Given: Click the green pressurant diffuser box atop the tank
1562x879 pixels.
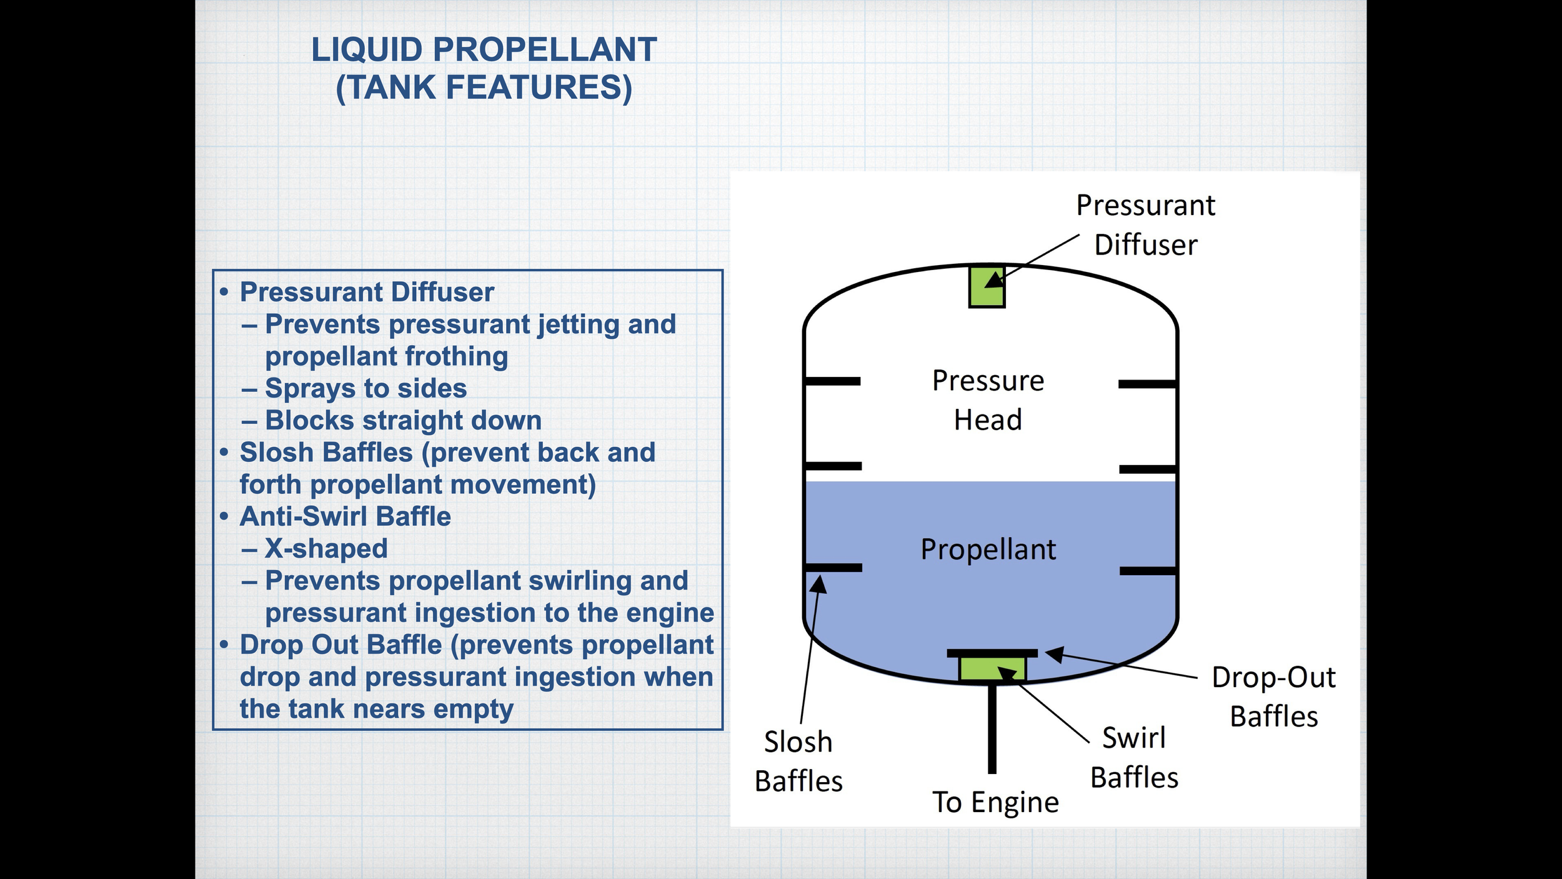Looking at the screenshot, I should [987, 286].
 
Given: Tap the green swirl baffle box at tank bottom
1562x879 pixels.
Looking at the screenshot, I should [992, 668].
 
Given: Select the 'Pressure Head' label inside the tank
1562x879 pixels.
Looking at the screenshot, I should [988, 400].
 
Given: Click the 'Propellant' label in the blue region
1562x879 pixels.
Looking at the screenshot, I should [988, 550].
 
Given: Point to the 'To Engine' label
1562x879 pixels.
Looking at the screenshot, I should [995, 802].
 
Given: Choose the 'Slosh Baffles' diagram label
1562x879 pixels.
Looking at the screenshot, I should [798, 761].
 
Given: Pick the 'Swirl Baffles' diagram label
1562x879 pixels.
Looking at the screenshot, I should [1134, 758].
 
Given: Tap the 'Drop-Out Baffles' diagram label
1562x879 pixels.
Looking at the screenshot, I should [1273, 697].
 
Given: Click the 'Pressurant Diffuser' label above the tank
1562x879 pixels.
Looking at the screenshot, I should [1145, 225].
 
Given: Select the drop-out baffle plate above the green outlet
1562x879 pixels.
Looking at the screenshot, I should [992, 653].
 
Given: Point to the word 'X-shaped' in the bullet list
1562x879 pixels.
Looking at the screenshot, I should [326, 549].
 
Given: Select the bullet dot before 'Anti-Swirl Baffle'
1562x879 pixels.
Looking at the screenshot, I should [224, 516].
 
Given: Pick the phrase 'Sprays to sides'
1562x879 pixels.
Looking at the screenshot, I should [366, 388].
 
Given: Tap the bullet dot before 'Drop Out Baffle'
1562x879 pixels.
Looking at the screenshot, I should [224, 645].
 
